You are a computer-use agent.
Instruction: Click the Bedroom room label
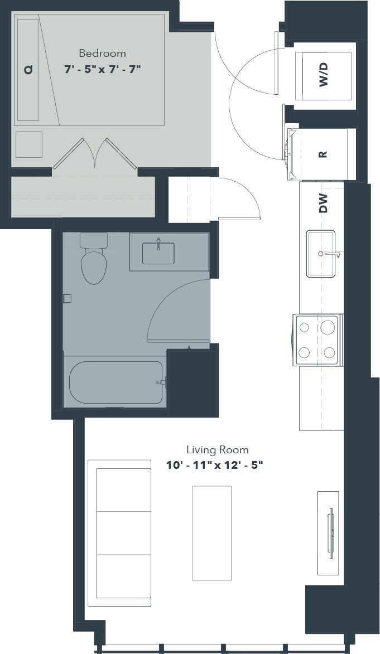(102, 54)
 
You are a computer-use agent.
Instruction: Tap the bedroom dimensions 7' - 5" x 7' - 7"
(102, 69)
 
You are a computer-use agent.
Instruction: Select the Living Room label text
(217, 449)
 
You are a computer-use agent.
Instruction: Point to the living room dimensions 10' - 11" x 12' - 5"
(214, 465)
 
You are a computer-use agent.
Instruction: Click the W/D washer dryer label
(324, 75)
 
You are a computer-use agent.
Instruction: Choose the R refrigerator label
(322, 154)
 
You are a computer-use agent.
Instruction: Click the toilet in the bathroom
(93, 262)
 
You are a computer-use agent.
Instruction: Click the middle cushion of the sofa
(123, 532)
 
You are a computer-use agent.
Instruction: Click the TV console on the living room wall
(328, 532)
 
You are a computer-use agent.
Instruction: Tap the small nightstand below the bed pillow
(29, 144)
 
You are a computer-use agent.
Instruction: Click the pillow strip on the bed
(28, 70)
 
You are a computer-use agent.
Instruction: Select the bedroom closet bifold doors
(95, 154)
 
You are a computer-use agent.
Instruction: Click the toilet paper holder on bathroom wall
(67, 298)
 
